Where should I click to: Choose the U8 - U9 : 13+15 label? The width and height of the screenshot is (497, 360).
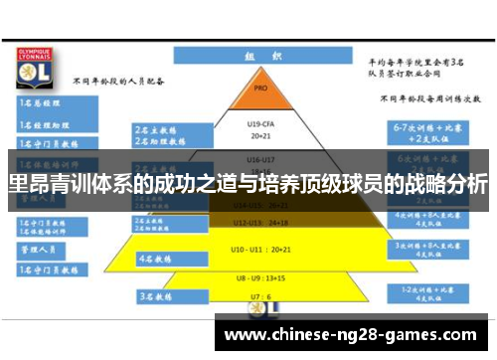pyautogui.click(x=261, y=278)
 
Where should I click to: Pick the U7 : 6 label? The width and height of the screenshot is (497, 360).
pyautogui.click(x=260, y=296)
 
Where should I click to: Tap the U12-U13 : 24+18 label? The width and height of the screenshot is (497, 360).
pyautogui.click(x=261, y=222)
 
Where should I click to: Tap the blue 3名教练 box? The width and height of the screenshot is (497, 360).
pyautogui.click(x=159, y=296)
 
